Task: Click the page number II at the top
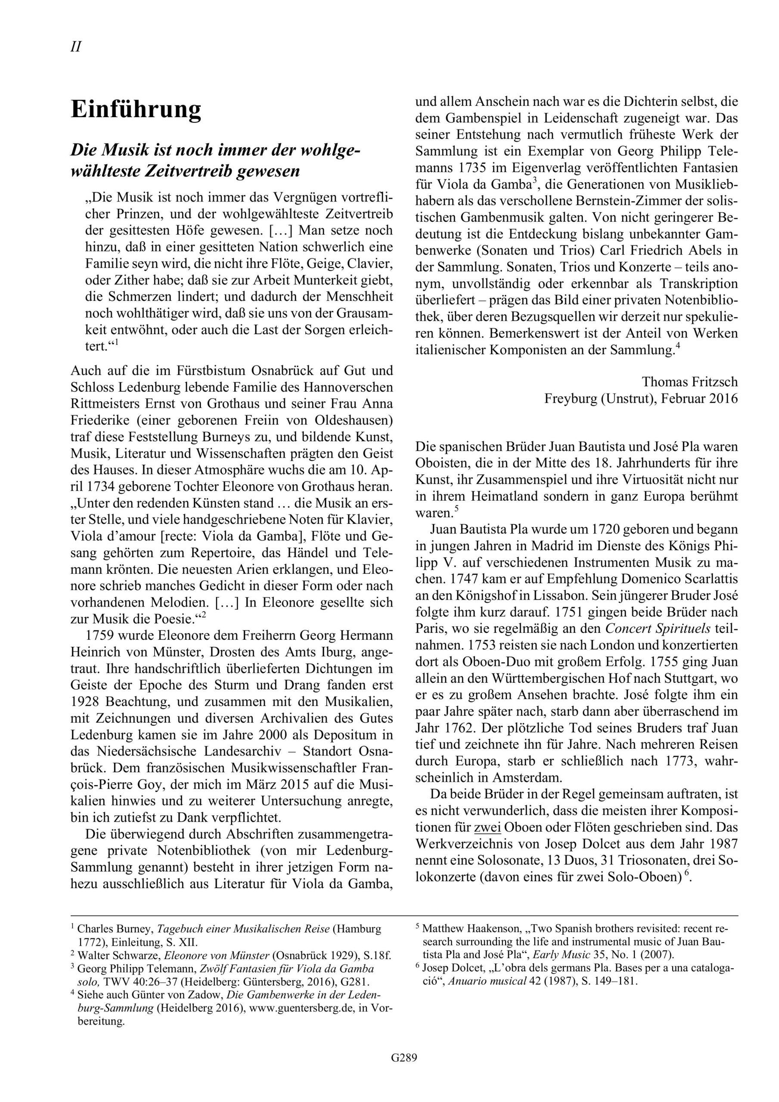click(76, 47)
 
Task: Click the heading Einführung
click(136, 109)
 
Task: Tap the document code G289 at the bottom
click(404, 1071)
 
